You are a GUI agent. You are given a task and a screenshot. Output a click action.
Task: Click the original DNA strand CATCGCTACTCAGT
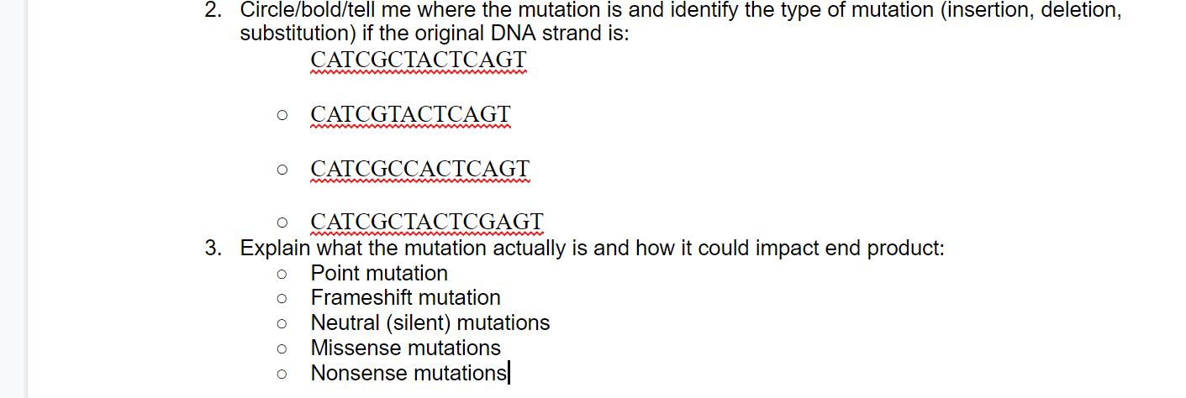(x=418, y=60)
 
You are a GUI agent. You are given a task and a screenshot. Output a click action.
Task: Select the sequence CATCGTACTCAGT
(x=410, y=114)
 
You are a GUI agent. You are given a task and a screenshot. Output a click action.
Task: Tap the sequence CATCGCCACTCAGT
(x=419, y=169)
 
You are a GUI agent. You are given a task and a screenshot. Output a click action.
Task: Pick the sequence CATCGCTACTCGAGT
(x=427, y=223)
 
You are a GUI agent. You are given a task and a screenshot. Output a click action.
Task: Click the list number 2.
(x=214, y=11)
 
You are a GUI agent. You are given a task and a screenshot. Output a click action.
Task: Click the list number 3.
(x=214, y=249)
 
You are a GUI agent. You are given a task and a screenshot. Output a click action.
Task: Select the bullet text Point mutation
(x=379, y=274)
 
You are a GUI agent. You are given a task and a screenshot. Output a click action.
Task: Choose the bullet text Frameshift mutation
(x=405, y=298)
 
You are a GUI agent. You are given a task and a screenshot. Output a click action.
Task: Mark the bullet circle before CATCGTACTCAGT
(x=282, y=115)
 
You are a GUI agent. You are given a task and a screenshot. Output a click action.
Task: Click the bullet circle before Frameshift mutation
(x=282, y=299)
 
